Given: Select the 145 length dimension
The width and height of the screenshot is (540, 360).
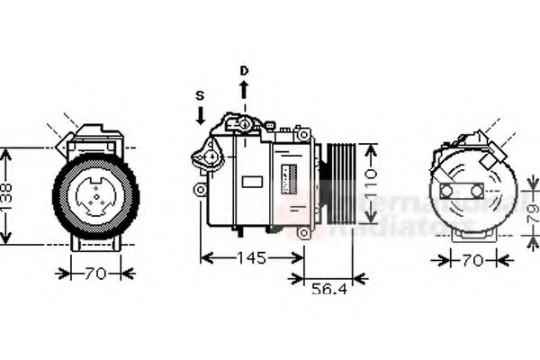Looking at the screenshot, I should (251, 259).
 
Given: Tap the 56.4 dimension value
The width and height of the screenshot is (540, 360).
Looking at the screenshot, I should (329, 290).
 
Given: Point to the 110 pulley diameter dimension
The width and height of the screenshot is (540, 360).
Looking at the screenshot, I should (370, 185).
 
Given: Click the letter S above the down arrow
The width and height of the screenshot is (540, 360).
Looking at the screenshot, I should (200, 94).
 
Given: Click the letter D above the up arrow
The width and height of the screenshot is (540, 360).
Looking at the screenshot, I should (242, 70).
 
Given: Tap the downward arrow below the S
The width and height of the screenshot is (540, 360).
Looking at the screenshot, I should (200, 114).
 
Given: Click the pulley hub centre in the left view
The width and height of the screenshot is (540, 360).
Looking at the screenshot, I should (97, 195).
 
